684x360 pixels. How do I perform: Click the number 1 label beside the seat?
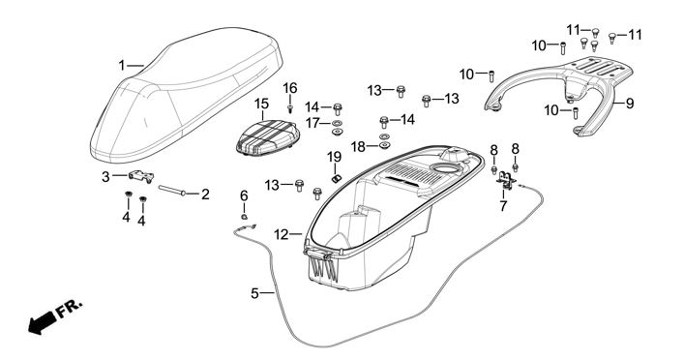point(122,66)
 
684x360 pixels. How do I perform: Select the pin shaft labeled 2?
point(172,191)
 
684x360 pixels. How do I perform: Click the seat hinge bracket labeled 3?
point(141,176)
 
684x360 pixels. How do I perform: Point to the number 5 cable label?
point(255,293)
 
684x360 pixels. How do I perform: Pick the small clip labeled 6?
point(244,216)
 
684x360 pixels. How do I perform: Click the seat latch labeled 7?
point(506,179)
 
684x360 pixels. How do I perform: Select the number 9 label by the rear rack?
point(630,104)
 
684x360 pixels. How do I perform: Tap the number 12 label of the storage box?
point(282,235)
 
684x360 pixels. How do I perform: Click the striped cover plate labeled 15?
point(267,137)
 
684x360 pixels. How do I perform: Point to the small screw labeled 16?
point(289,107)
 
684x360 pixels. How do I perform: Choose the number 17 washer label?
point(312,123)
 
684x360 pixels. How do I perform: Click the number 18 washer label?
point(358,147)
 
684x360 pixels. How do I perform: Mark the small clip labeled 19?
point(336,178)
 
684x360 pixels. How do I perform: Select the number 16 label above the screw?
point(290,89)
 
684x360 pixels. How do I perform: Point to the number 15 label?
point(262,105)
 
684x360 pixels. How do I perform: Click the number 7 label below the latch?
point(503,206)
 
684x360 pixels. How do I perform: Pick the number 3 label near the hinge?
point(105,177)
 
